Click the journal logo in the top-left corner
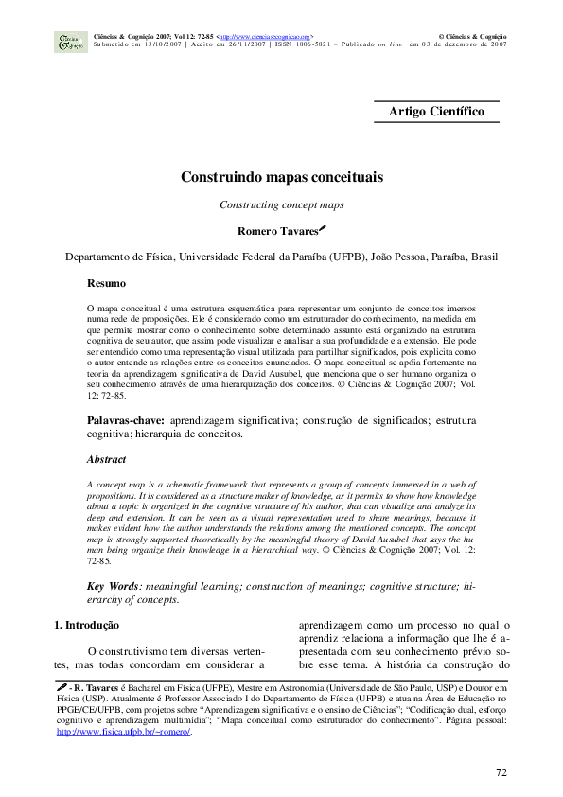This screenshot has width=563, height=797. pyautogui.click(x=71, y=41)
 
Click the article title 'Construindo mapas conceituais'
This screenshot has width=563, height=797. pyautogui.click(x=281, y=177)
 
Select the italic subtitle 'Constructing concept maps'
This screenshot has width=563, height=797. pyautogui.click(x=281, y=204)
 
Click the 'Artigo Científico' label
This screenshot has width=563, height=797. pyautogui.click(x=436, y=112)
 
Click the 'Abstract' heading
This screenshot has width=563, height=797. pyautogui.click(x=106, y=459)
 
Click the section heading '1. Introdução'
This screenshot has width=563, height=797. pyautogui.click(x=86, y=625)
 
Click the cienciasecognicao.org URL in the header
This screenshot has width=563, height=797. pyautogui.click(x=266, y=35)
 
